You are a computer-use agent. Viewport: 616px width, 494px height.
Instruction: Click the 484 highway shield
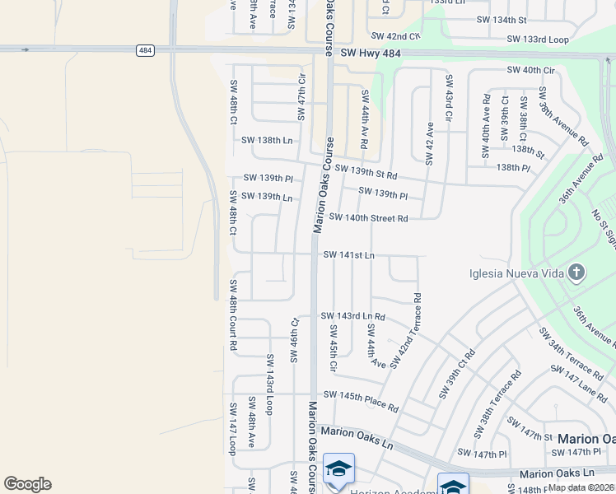[145, 50]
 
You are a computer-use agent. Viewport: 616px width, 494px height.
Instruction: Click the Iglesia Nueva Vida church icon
[576, 272]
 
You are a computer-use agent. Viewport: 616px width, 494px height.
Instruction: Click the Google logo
[27, 484]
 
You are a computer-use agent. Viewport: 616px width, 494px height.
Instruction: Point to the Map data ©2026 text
[581, 487]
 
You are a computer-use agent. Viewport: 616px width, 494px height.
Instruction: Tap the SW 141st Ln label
[348, 255]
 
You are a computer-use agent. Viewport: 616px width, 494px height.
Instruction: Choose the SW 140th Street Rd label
[368, 218]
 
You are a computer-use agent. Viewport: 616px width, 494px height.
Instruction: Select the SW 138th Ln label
[267, 141]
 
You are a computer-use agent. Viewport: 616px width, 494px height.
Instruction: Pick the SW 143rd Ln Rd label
[353, 316]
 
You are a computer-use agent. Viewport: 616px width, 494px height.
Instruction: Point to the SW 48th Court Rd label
[234, 315]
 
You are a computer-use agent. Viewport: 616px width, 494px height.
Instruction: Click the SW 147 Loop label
[233, 428]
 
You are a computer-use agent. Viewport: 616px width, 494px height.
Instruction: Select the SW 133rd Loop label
[538, 39]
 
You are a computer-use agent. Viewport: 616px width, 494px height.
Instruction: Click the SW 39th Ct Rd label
[457, 375]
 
